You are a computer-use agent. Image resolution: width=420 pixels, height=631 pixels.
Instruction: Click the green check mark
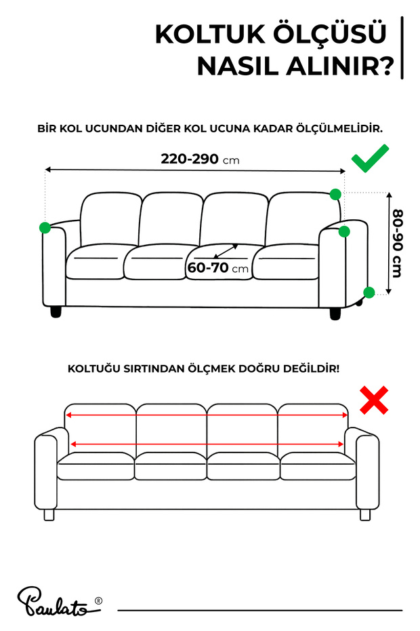point(370,159)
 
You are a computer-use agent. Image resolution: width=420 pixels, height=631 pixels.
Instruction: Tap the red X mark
point(374,400)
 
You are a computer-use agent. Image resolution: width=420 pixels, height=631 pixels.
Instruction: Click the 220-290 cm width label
point(200,159)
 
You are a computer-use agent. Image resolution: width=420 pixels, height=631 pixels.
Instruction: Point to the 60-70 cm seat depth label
point(218,267)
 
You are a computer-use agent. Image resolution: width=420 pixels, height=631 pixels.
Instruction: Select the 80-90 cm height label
point(397,243)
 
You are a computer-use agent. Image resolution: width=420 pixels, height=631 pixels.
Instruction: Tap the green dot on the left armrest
point(45,228)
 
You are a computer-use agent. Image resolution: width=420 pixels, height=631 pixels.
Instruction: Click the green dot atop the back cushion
point(335,194)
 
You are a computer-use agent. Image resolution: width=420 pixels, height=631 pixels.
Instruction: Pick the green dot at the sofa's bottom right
point(369,292)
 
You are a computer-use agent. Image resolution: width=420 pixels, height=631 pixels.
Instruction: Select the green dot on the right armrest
point(344,231)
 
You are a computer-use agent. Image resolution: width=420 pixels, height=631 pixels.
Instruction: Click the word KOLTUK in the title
point(210,34)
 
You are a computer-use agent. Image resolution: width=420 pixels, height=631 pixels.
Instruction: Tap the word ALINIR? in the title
point(340,66)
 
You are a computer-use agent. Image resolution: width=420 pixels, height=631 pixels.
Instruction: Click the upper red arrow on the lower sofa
point(207,415)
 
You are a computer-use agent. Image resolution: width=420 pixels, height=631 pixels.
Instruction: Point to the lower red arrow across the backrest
point(207,444)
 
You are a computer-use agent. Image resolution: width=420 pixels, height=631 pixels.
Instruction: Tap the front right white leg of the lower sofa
point(365,515)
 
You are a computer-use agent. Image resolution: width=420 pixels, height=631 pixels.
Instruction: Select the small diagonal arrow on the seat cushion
point(226,252)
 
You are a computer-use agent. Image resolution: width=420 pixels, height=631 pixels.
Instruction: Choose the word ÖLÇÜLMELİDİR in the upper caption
point(339,129)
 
